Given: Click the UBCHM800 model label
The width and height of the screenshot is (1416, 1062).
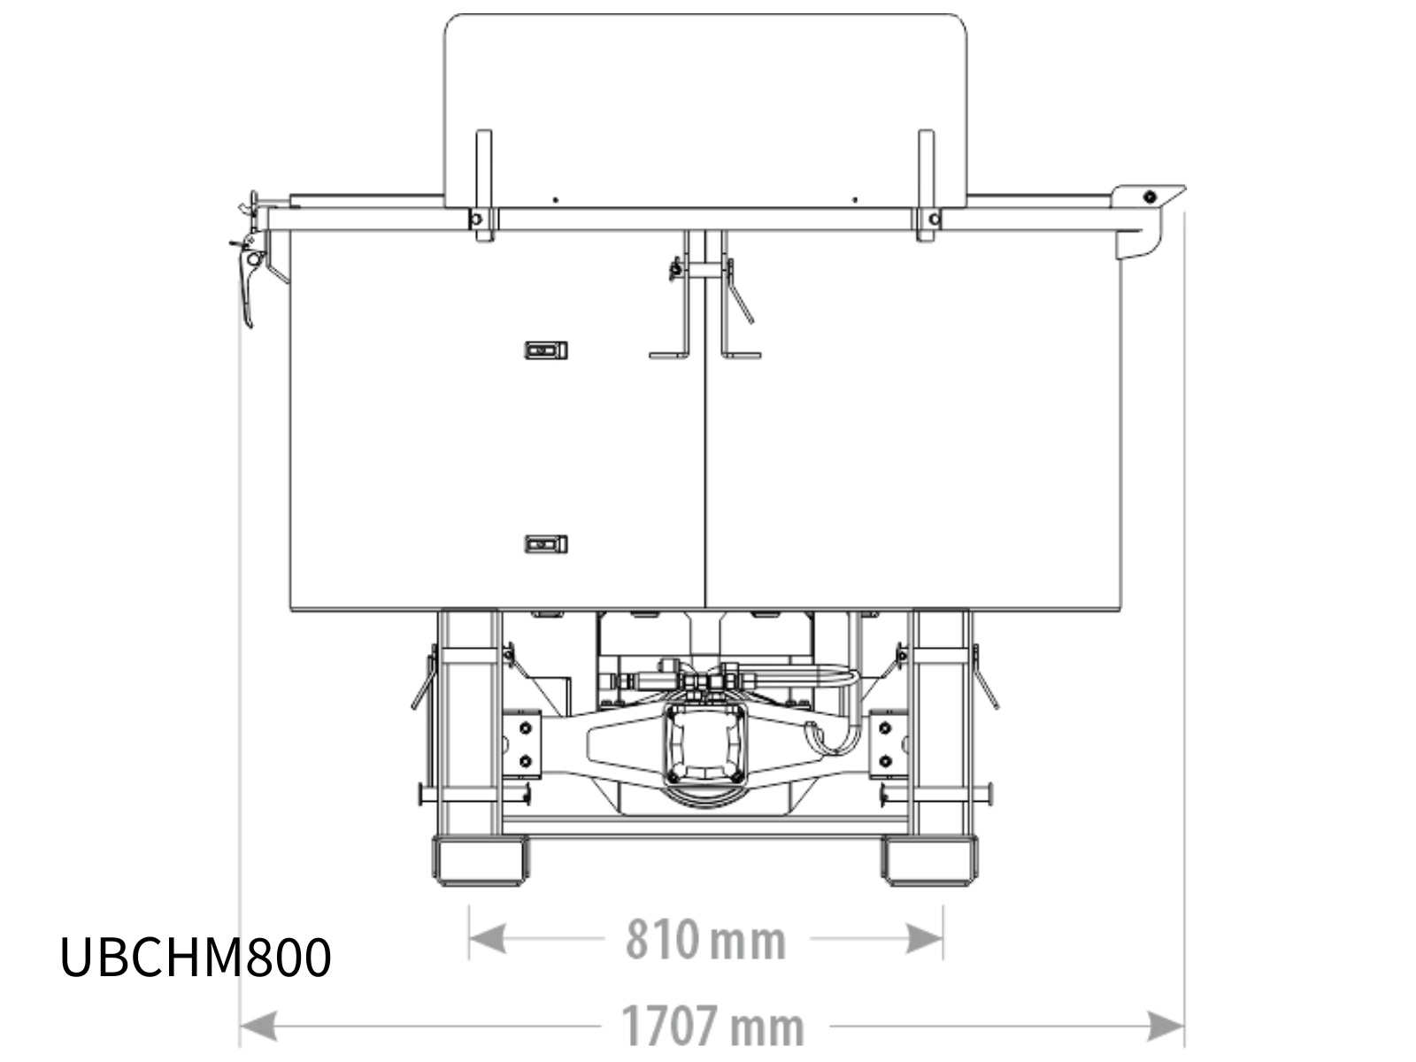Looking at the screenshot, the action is click(196, 957).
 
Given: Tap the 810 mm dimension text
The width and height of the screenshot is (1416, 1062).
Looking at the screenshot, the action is click(705, 940).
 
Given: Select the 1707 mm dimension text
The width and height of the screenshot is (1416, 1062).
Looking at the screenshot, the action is click(712, 1027).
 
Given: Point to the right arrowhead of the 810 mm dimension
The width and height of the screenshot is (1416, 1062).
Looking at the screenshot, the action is click(925, 938).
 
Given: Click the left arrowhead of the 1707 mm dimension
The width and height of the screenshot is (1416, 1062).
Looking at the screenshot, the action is click(258, 1026).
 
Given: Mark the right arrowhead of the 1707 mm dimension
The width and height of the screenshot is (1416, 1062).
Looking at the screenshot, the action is click(1165, 1026).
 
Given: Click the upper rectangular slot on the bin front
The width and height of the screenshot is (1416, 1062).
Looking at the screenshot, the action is click(546, 350).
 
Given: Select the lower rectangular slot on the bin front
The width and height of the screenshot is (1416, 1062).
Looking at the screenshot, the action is click(546, 544).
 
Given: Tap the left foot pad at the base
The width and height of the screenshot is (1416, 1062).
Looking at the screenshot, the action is click(480, 860).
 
